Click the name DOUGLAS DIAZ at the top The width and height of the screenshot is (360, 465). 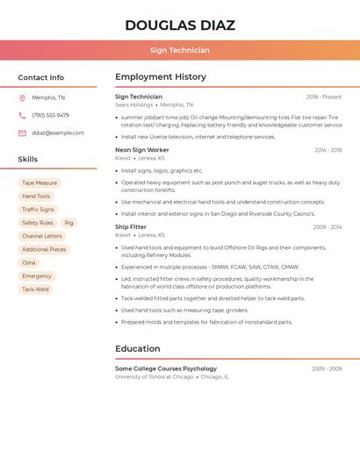click(x=180, y=25)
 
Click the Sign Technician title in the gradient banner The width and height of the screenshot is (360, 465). click(x=180, y=51)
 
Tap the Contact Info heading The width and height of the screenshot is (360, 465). click(x=41, y=77)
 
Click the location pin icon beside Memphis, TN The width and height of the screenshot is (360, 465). click(x=22, y=98)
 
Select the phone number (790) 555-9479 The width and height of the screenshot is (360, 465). click(x=50, y=115)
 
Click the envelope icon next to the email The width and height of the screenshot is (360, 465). click(x=22, y=133)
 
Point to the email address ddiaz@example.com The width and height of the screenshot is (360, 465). click(x=58, y=133)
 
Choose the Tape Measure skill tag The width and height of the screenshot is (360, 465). click(x=40, y=183)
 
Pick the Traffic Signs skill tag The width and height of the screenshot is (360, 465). click(x=38, y=210)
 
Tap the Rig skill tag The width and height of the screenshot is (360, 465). click(x=68, y=223)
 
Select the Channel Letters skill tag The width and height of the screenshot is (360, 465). click(x=42, y=236)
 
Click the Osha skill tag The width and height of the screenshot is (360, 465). click(x=29, y=263)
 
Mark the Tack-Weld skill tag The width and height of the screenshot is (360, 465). click(x=35, y=290)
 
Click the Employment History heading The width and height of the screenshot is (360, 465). click(x=161, y=77)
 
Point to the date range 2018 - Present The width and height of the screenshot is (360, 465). click(x=324, y=97)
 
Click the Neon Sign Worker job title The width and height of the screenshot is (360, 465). click(x=142, y=150)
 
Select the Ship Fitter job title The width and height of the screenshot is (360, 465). click(x=131, y=227)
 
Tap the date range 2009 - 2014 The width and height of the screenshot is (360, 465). click(x=327, y=227)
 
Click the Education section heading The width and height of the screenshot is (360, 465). click(x=138, y=348)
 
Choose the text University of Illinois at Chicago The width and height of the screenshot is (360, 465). click(x=154, y=377)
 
